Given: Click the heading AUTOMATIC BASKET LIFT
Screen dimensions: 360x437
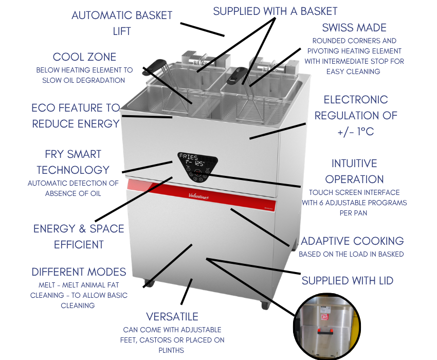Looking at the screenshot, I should tap(122, 23).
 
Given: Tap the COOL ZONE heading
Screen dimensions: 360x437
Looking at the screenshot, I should tap(84, 57).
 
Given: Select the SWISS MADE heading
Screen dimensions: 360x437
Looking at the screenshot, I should tap(354, 27).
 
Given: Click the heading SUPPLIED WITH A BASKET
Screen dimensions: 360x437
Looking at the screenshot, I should tap(275, 11).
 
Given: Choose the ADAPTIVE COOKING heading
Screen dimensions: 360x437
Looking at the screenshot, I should tap(352, 241).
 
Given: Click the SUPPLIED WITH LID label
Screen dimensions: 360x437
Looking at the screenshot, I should tap(347, 280).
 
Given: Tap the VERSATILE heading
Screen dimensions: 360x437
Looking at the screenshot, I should tap(172, 316).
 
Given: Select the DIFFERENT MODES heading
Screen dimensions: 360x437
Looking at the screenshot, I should tap(79, 272).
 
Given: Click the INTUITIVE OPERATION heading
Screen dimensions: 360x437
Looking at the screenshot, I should tap(354, 171).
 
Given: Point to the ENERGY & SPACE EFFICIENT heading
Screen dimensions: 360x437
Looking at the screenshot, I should tap(79, 236).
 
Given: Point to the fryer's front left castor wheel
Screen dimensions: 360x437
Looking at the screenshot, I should tap(149, 282).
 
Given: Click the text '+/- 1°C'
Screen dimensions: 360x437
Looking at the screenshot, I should tap(355, 132).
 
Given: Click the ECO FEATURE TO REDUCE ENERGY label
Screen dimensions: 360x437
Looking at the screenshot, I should tap(75, 116).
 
